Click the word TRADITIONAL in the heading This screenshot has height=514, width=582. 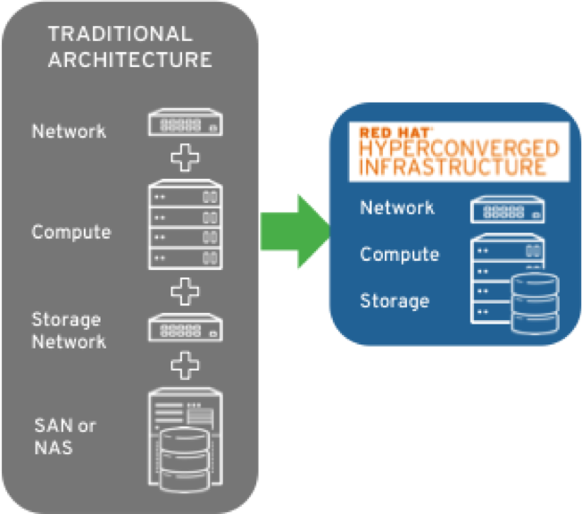120,35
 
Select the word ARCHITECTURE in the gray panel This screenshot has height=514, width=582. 130,60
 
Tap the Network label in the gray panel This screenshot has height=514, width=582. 69,131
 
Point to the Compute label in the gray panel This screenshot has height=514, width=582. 71,232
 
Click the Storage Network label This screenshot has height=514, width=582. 69,331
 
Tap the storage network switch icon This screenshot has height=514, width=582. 185,329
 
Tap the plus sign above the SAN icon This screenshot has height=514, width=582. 185,365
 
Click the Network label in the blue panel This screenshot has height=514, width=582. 397,208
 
